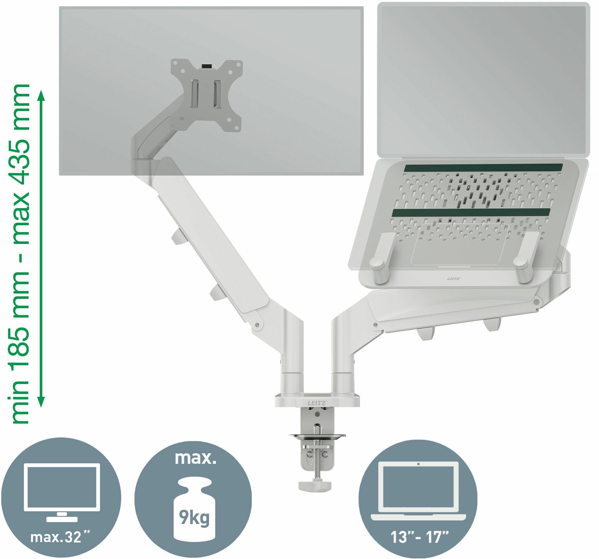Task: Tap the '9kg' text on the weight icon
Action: tap(194, 518)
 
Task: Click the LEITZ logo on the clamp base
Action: tap(316, 403)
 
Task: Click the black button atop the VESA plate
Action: tap(207, 66)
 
